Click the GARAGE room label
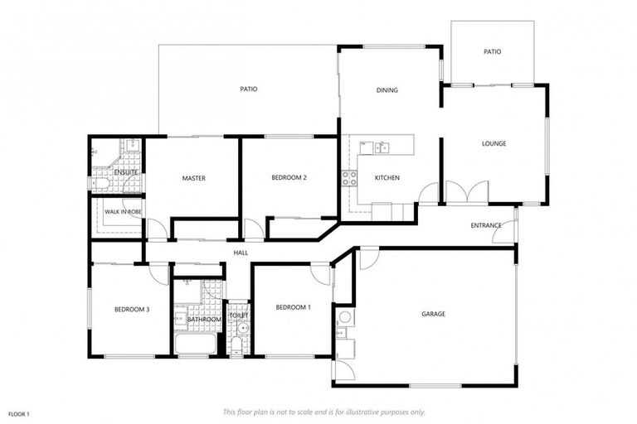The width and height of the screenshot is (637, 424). [x=433, y=314]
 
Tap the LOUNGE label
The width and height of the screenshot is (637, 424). [x=494, y=143]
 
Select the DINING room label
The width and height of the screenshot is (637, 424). [x=387, y=90]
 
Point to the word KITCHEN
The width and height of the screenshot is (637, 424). [x=387, y=178]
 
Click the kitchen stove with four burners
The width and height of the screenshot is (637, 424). [x=348, y=177]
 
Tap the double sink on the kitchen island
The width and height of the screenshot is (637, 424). [x=382, y=147]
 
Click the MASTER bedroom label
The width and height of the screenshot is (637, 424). [x=193, y=178]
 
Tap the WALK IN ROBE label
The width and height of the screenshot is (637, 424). [x=119, y=212]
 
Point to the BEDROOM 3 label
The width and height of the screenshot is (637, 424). [x=132, y=310]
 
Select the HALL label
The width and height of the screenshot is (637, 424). [x=241, y=253]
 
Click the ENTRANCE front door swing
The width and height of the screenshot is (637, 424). [x=504, y=234]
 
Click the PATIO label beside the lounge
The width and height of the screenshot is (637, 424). [x=492, y=51]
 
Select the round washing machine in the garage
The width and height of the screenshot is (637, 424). [x=345, y=317]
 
